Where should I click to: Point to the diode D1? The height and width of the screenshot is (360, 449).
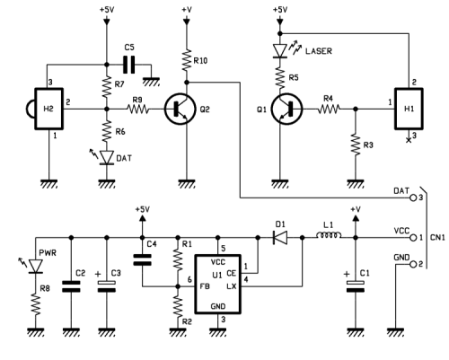tap(277, 239)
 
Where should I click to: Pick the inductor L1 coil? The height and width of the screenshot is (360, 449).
tap(326, 239)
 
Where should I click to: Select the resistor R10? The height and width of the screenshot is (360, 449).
tap(185, 62)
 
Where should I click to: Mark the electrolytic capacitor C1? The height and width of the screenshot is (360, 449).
tap(357, 285)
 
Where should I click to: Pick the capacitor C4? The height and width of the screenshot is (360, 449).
tap(141, 260)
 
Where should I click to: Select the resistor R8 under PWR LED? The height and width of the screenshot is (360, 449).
tap(36, 301)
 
